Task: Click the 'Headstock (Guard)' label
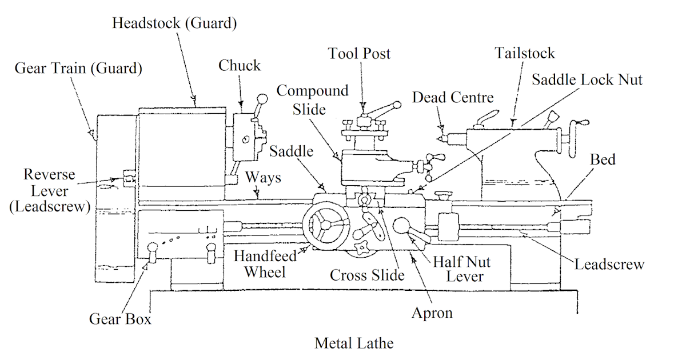pos(174,23)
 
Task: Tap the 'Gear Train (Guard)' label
pos(78,69)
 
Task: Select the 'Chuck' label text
pos(240,66)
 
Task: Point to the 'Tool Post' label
pos(359,54)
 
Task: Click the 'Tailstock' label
pos(525,54)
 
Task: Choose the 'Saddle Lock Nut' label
pos(587,79)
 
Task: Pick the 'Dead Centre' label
pos(453,98)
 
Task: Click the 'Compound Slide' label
pos(313,100)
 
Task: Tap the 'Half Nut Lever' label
pos(461,269)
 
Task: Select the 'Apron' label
pos(432,313)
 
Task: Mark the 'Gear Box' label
pos(120,319)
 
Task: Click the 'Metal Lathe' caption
pos(354,343)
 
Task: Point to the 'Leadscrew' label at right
pos(609,265)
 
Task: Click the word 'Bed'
pos(603,159)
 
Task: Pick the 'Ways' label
pos(263,177)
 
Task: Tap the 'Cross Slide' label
pos(367,275)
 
